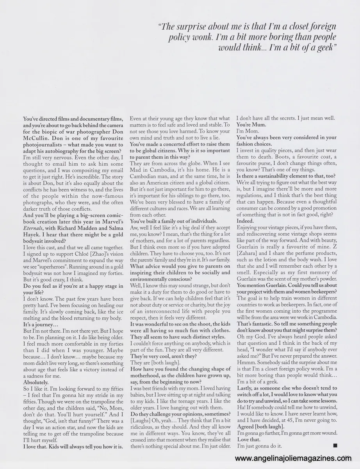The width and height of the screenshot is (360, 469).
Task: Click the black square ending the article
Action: point(335,445)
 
